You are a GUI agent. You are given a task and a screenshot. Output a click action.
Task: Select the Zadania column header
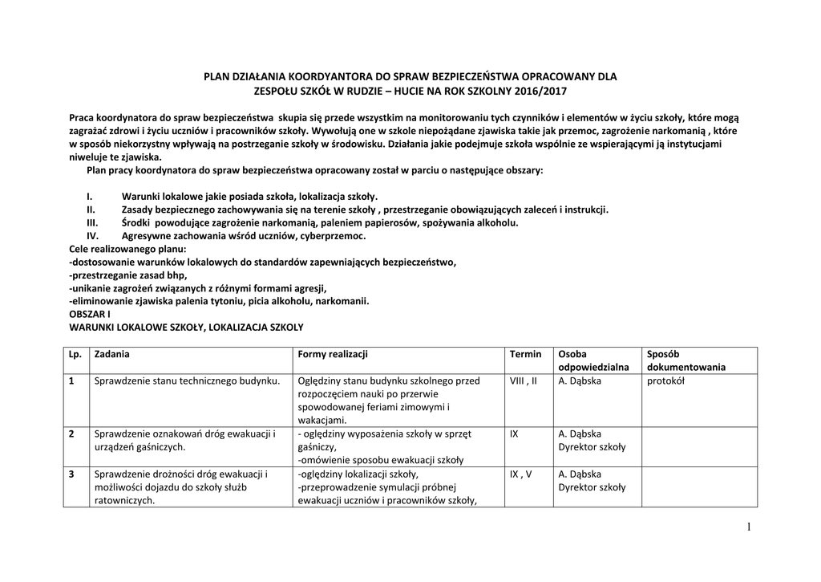pos(112,354)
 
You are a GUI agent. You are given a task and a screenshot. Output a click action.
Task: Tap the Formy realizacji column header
pos(332,354)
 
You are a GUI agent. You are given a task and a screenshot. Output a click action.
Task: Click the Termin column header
pos(525,354)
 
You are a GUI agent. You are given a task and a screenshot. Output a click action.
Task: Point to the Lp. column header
pos(75,354)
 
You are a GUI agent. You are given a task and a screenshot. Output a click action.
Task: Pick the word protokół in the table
pos(665,381)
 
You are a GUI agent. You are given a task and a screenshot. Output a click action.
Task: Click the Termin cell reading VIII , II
pos(524,381)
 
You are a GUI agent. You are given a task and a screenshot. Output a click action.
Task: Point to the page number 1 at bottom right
pos(748,526)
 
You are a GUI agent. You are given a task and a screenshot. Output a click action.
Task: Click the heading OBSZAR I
pos(90,314)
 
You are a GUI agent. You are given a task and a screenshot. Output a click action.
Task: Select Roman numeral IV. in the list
pos(92,236)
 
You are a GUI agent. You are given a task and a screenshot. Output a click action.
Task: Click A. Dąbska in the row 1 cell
pos(579,381)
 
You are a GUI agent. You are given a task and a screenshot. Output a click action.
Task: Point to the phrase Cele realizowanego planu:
pos(127,249)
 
